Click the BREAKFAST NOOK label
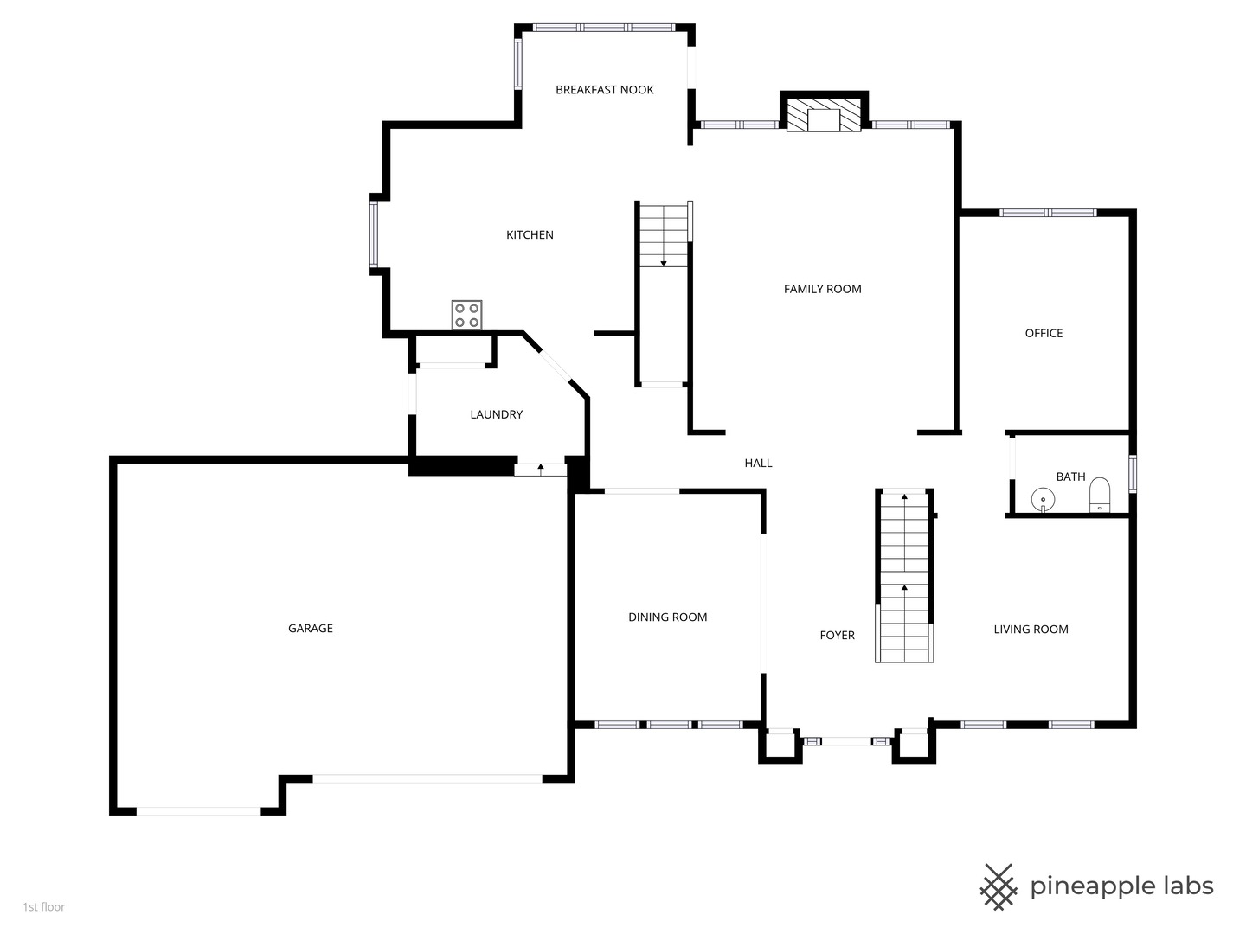[x=604, y=90]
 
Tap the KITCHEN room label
[x=530, y=235]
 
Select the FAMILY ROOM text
[x=822, y=290]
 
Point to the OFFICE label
[x=1044, y=334]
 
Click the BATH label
[x=1070, y=477]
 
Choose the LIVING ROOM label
[x=1031, y=630]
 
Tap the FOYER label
[x=837, y=636]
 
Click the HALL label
[x=758, y=464]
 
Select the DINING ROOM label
[x=667, y=617]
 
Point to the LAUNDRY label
[x=496, y=415]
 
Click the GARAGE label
[x=310, y=629]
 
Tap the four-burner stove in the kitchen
[x=466, y=315]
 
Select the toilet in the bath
[x=1099, y=494]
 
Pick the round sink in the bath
[x=1044, y=500]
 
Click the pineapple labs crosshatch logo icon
[x=999, y=886]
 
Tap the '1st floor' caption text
[x=44, y=907]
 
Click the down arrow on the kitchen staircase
[x=664, y=261]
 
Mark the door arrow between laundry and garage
[x=541, y=469]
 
